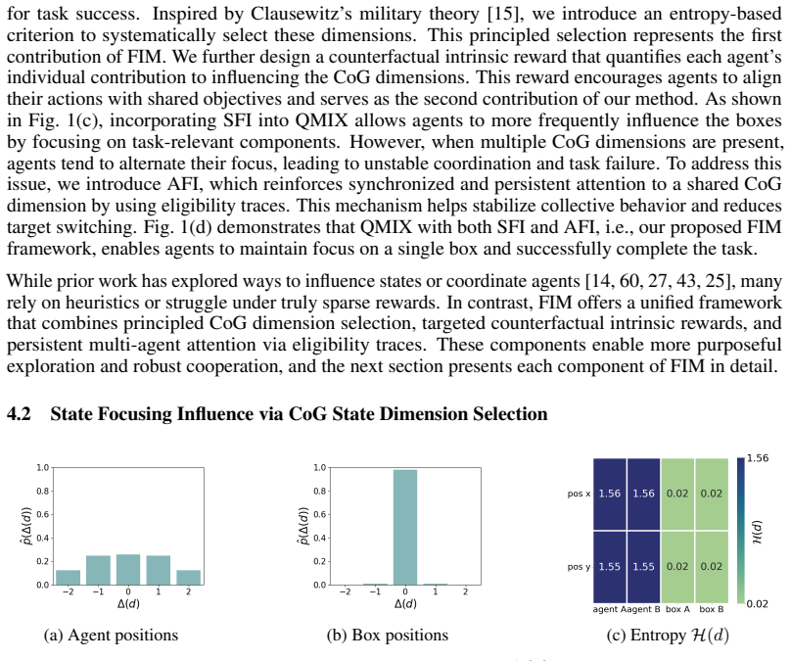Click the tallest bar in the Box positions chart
tap(405, 527)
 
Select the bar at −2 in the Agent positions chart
tap(68, 578)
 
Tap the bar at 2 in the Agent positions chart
tap(188, 578)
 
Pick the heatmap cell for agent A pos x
tap(610, 494)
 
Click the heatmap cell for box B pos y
tap(712, 567)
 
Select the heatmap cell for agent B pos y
tap(643, 567)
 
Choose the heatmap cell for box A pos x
tap(677, 494)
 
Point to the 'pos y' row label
tap(579, 567)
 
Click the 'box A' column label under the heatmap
tap(677, 609)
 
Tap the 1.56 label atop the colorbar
tap(758, 458)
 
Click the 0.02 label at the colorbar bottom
tap(758, 603)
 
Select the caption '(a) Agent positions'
tap(111, 636)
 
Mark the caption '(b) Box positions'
tap(388, 636)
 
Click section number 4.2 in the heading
tap(19, 413)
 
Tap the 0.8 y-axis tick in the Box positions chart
tap(319, 492)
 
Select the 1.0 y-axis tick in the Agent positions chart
tap(42, 467)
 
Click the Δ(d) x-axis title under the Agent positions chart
tap(128, 603)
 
